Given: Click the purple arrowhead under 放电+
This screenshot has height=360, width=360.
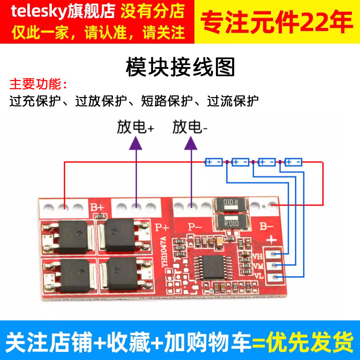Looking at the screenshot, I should [x=135, y=143].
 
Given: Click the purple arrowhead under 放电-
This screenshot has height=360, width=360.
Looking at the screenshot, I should [x=192, y=143].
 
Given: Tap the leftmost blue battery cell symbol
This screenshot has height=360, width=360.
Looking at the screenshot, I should [x=214, y=161].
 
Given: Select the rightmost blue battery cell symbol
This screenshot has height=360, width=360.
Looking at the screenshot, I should [x=293, y=161].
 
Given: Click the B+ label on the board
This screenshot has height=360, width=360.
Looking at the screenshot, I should [x=97, y=208].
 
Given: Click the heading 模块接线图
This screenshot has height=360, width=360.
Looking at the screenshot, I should [x=180, y=68].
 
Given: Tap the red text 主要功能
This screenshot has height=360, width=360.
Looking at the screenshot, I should [x=38, y=84].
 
